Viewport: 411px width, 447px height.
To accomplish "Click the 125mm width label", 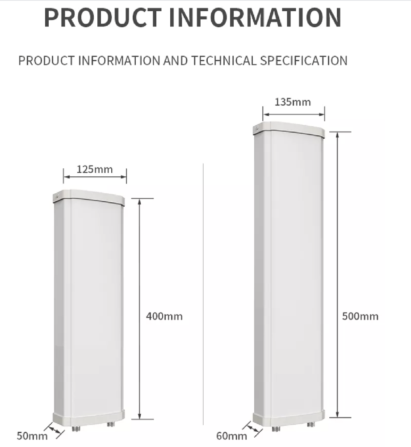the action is click(x=95, y=169).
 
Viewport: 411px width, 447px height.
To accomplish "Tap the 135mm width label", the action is click(x=293, y=102).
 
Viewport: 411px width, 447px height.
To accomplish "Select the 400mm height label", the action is click(x=164, y=316).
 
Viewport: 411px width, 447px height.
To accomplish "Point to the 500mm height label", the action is click(x=360, y=316).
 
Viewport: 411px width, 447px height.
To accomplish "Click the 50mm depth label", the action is click(x=32, y=436).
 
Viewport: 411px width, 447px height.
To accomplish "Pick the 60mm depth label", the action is click(x=232, y=436).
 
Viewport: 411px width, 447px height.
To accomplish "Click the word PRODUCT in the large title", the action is click(x=103, y=18).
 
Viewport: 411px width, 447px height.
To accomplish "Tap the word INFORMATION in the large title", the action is click(x=255, y=18).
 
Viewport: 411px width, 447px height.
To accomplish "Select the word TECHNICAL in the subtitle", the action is click(x=224, y=61).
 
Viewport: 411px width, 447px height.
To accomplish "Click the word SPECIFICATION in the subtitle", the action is click(x=304, y=61).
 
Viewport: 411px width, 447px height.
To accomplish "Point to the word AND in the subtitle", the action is click(x=176, y=61).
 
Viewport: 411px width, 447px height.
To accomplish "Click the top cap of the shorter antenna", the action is click(x=88, y=197).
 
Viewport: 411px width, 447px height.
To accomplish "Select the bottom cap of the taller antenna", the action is click(x=289, y=419).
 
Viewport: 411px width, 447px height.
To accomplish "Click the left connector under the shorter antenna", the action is click(x=76, y=428).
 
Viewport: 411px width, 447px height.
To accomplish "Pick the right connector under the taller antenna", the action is click(x=311, y=425).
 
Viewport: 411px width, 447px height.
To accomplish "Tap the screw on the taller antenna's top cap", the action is click(x=257, y=128).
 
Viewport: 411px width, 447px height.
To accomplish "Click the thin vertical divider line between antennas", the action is click(x=203, y=294).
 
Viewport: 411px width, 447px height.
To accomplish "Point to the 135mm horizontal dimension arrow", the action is click(x=294, y=115).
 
